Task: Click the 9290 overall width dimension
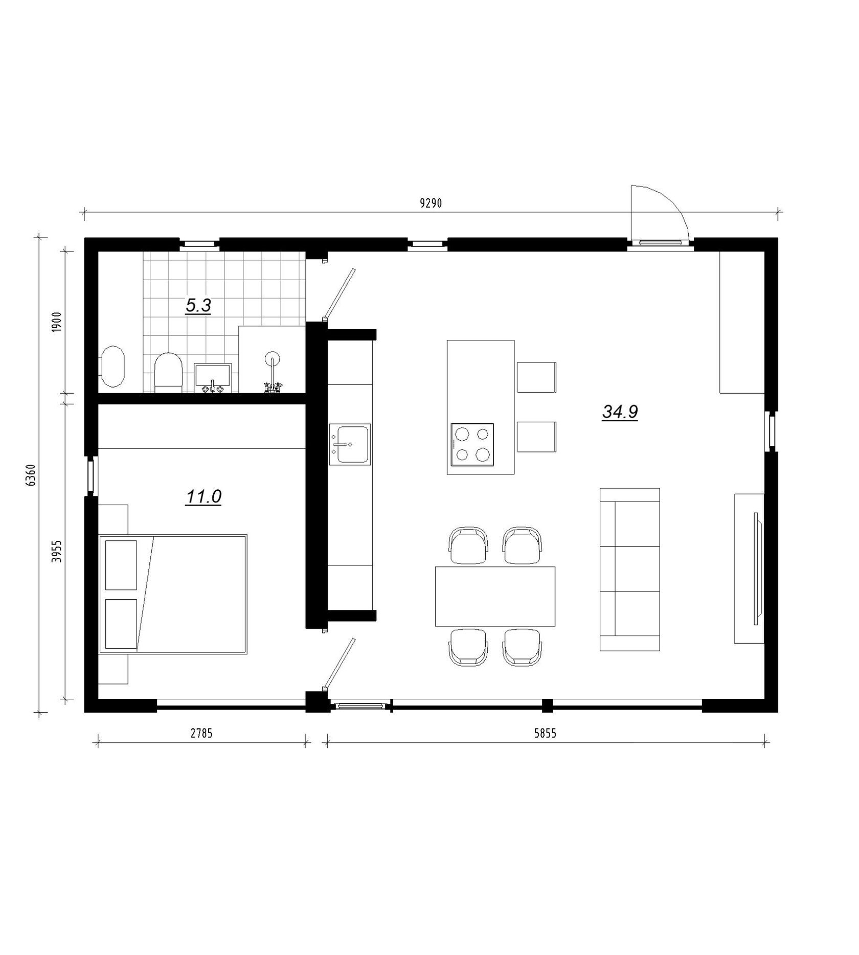coord(431,203)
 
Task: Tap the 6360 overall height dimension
coord(31,475)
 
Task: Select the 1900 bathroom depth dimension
coord(57,322)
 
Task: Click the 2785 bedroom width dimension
coord(201,733)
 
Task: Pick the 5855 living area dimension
coord(545,733)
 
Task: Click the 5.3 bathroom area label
coord(198,306)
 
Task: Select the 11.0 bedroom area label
coord(203,496)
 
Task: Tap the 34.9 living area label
coord(620,412)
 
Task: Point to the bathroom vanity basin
coord(213,378)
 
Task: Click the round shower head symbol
coord(272,357)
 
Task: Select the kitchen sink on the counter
coord(350,444)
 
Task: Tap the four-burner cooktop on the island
coord(472,444)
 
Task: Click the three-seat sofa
coord(629,569)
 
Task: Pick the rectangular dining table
coord(495,596)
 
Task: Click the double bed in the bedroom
coord(173,594)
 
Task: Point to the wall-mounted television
coord(757,568)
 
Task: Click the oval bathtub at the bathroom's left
coord(112,367)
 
